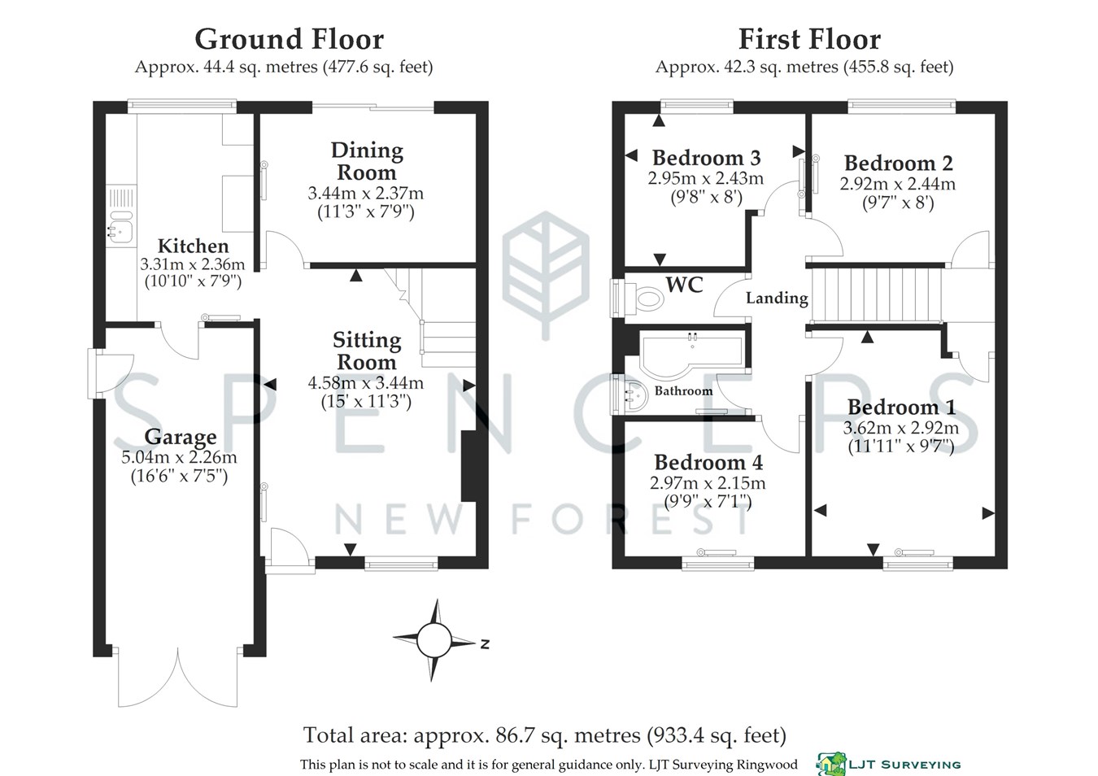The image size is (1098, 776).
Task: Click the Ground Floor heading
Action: click(x=289, y=39)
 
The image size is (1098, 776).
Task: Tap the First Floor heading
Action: click(x=808, y=39)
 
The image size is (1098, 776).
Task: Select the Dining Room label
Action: click(x=366, y=161)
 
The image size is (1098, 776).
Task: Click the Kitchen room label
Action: click(x=193, y=246)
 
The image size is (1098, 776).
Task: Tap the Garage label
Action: click(x=180, y=438)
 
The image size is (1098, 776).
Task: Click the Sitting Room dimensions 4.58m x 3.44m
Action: click(x=365, y=383)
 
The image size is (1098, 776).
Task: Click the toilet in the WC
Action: click(x=647, y=299)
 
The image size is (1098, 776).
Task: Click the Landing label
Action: click(x=777, y=299)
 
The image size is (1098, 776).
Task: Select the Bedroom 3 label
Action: click(x=706, y=158)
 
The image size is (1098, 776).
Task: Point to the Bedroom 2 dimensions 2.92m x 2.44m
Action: click(x=897, y=185)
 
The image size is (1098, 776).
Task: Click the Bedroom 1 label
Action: click(x=901, y=407)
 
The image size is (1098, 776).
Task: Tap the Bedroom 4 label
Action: click(x=708, y=463)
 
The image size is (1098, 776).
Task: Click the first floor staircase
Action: click(x=878, y=294)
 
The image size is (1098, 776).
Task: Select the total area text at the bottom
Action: click(x=544, y=735)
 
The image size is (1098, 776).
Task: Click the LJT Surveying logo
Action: click(x=889, y=764)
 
